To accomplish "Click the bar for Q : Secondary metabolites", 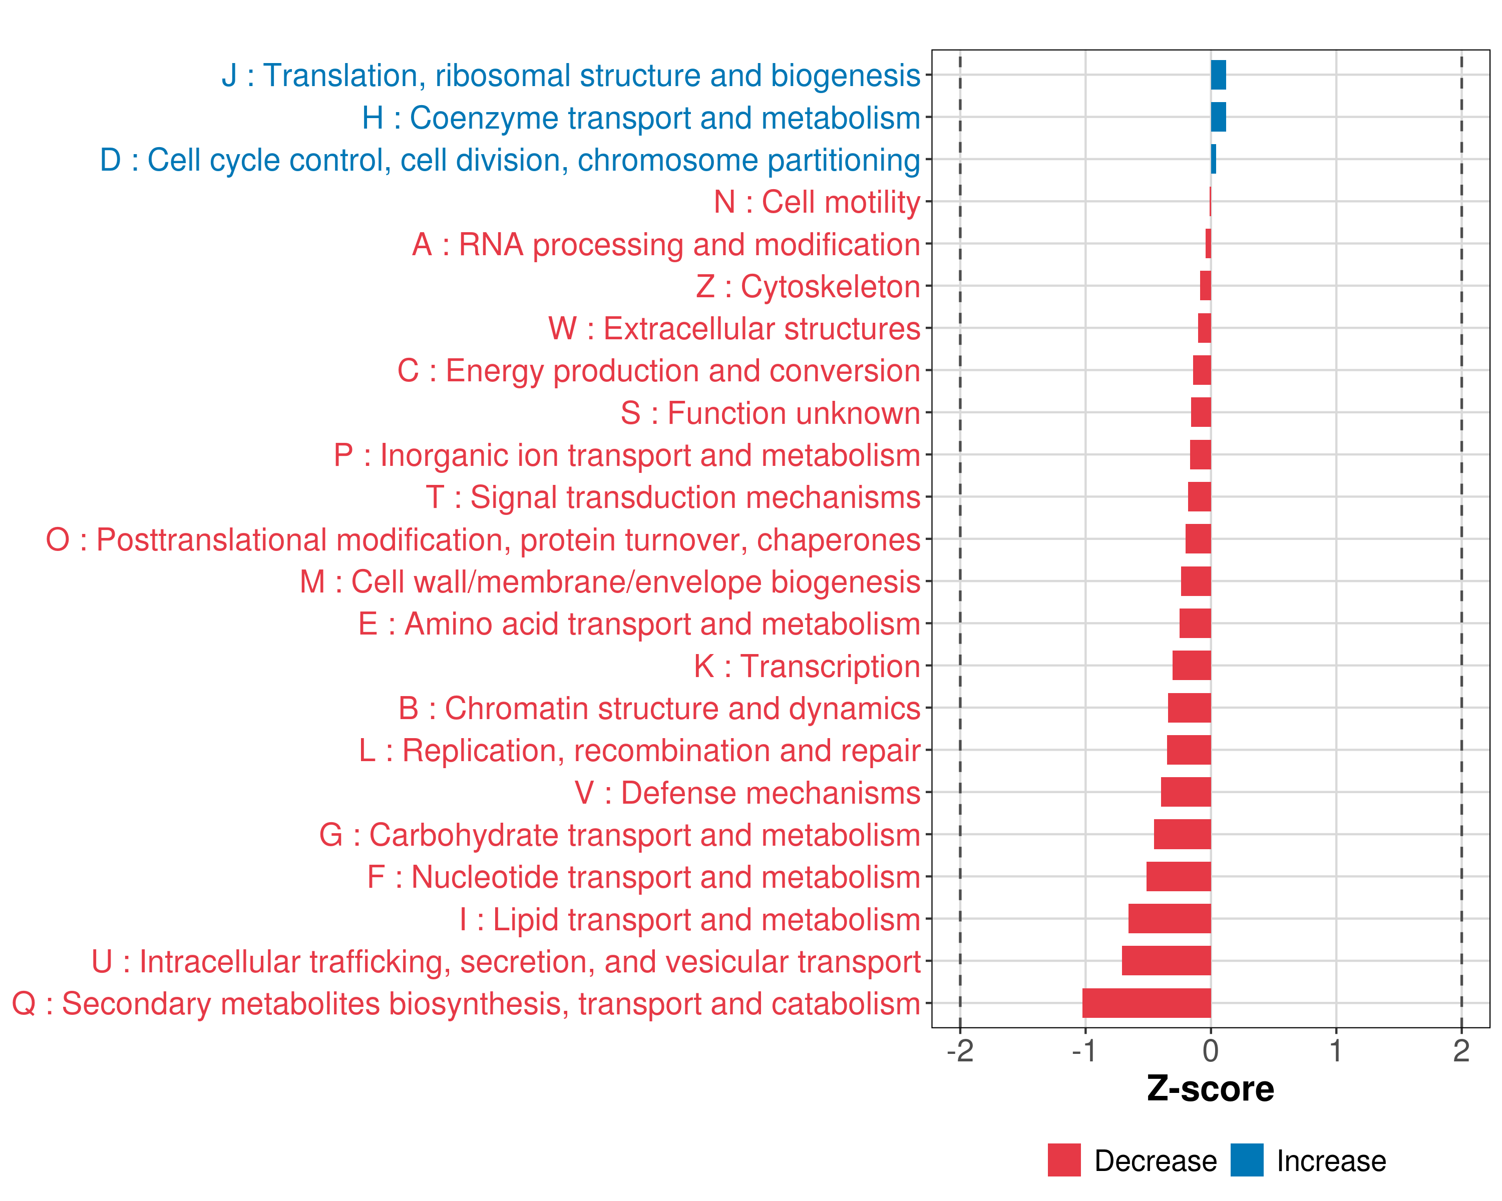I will [1146, 1003].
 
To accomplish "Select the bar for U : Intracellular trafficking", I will [1166, 961].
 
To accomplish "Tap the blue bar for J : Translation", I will [1219, 75].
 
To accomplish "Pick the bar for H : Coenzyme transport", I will [1219, 117].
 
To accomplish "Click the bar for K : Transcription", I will [1192, 666].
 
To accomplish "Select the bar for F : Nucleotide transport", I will [1179, 877].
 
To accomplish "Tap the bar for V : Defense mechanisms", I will [1186, 792].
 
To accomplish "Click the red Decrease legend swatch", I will [1064, 1160].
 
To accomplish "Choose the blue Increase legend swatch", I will [1246, 1160].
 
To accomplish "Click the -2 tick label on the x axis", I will [960, 1051].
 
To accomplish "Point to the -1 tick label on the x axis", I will [1085, 1051].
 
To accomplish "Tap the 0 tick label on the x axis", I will [1211, 1051].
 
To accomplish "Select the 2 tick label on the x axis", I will [1461, 1051].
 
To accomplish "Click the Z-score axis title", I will [1211, 1089].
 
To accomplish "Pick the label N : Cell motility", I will [817, 203].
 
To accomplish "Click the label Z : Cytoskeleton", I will [808, 287].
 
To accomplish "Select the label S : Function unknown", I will [771, 413].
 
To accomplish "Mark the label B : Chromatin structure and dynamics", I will [659, 709].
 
